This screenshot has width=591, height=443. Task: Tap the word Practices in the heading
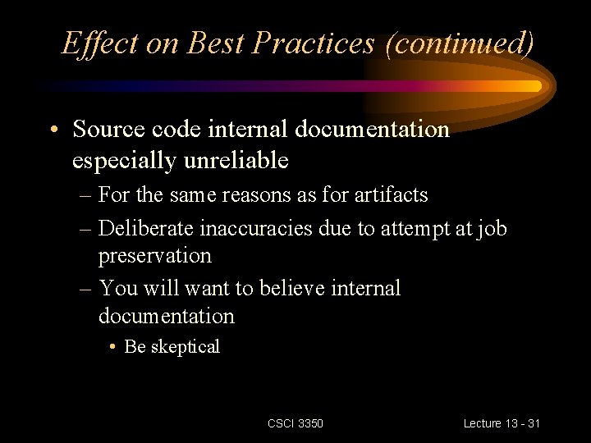coord(314,43)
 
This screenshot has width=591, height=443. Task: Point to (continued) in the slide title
coord(460,43)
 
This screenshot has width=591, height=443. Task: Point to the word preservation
coord(154,256)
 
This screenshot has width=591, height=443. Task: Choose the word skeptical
coord(185,347)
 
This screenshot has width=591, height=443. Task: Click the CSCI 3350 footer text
coord(295,423)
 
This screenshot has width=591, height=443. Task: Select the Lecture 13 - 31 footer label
coord(502,423)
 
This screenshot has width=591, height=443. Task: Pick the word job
coord(491,228)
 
